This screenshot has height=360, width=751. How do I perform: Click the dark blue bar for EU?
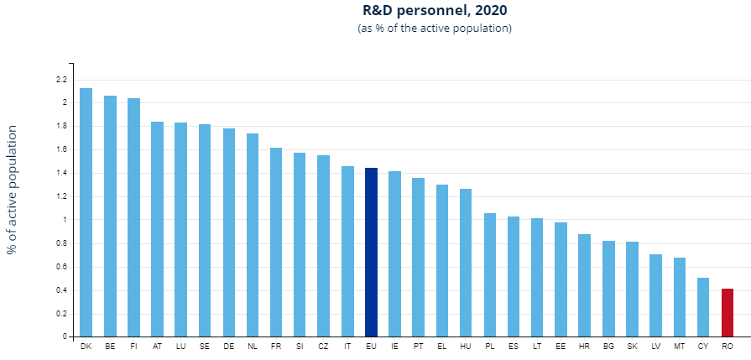click(x=371, y=252)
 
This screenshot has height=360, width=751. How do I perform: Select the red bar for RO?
click(x=728, y=312)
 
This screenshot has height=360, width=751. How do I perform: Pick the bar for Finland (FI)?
click(x=133, y=217)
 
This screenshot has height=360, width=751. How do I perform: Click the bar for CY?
click(x=703, y=307)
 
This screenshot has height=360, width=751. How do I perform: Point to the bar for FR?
click(x=276, y=243)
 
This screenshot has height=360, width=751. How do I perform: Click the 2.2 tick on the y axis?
click(x=61, y=80)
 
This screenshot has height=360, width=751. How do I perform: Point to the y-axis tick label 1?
click(x=64, y=220)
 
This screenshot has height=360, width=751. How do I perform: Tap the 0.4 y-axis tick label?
click(x=61, y=290)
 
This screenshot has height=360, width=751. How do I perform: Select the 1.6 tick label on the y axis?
click(x=61, y=150)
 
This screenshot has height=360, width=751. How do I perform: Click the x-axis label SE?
click(x=205, y=346)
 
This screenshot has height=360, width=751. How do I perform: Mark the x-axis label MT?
click(x=680, y=346)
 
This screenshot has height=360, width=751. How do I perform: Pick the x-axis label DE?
click(x=228, y=346)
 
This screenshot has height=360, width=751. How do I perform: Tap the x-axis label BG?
click(x=608, y=346)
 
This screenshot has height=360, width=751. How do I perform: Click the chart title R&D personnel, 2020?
click(x=435, y=11)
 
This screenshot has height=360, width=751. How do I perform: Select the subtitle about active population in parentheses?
click(x=435, y=29)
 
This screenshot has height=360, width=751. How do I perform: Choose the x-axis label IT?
click(x=347, y=346)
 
